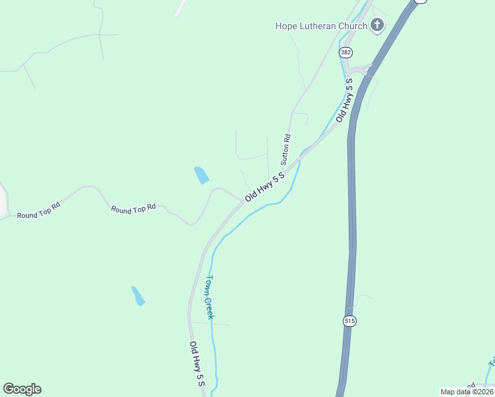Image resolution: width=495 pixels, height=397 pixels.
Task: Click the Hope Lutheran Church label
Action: pyautogui.click(x=321, y=26)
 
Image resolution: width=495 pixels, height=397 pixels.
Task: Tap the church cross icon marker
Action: pyautogui.click(x=377, y=26)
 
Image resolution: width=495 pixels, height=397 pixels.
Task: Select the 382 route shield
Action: pyautogui.click(x=345, y=52)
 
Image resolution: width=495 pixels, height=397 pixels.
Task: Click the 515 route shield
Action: pyautogui.click(x=349, y=321)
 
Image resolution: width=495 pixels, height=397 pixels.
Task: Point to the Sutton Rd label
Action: pyautogui.click(x=286, y=150)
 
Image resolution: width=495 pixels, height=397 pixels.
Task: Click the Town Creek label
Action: pyautogui.click(x=210, y=297)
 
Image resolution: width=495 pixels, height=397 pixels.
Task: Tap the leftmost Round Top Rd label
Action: pyautogui.click(x=38, y=210)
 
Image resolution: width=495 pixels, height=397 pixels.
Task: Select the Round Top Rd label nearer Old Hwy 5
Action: pyautogui.click(x=133, y=208)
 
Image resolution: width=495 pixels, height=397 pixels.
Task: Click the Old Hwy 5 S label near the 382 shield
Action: pyautogui.click(x=344, y=99)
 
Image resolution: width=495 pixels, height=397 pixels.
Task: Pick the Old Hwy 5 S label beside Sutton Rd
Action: pyautogui.click(x=265, y=187)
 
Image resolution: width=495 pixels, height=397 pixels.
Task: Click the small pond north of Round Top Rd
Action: pyautogui.click(x=201, y=175)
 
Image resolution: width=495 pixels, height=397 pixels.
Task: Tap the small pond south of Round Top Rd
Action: pyautogui.click(x=138, y=296)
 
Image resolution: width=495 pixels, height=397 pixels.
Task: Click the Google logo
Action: pyautogui.click(x=22, y=389)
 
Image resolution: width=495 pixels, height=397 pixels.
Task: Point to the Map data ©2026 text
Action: pyautogui.click(x=467, y=392)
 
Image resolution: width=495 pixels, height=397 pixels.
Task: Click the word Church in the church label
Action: pyautogui.click(x=353, y=26)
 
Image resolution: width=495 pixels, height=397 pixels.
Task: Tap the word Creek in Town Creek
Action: pyautogui.click(x=209, y=308)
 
